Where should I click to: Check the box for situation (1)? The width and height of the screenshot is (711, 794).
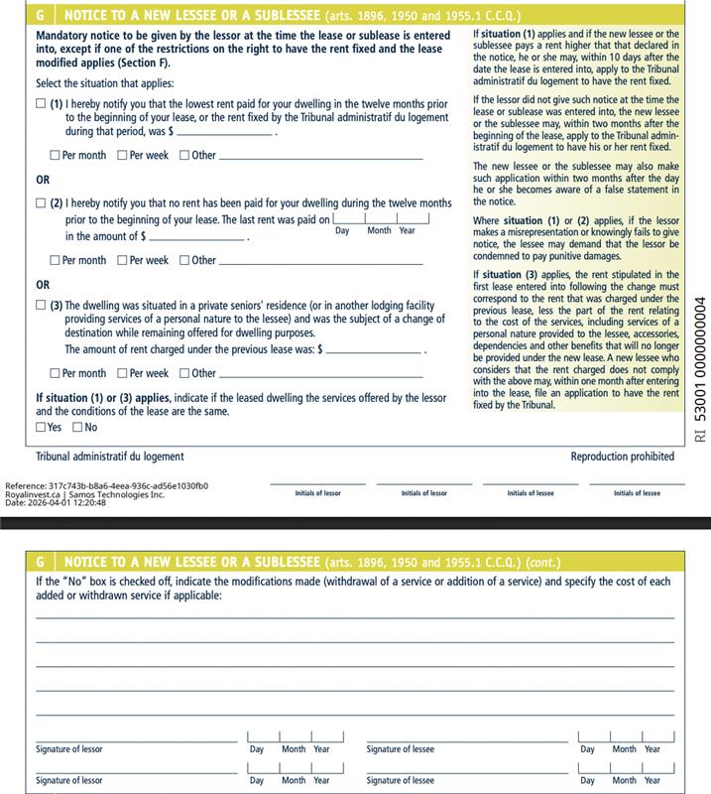[41, 104]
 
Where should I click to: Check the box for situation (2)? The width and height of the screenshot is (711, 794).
[41, 202]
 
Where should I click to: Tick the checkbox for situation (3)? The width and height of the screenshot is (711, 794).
[41, 306]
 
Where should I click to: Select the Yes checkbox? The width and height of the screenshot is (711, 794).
[41, 428]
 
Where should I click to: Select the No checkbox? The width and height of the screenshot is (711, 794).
[77, 428]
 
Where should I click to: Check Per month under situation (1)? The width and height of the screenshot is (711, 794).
[56, 155]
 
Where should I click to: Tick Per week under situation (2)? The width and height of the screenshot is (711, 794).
[123, 260]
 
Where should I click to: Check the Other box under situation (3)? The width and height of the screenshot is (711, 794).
[185, 373]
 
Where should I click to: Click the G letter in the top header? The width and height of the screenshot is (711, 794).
[40, 16]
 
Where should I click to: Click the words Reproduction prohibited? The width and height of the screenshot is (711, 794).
[622, 457]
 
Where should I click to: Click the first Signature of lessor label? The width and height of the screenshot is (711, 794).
[69, 749]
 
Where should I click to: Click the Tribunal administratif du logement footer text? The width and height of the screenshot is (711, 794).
[109, 457]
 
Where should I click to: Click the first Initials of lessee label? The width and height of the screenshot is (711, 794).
[531, 493]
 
